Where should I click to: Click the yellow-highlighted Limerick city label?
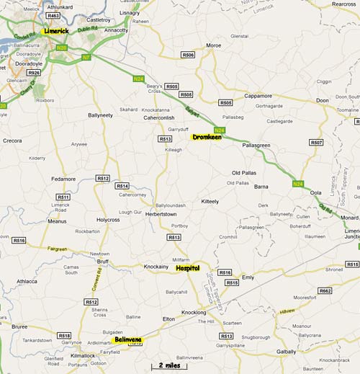coord(55,32)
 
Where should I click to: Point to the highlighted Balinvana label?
coord(129,339)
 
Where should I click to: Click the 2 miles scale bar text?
coord(171,365)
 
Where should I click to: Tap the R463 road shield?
coord(53,15)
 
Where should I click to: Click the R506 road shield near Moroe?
coord(188,55)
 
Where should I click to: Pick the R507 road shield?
coord(316,143)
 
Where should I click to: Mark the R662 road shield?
coord(325,290)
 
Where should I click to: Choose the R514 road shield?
coord(122,186)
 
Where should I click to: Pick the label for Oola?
coord(315,192)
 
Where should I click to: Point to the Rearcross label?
coord(342,4)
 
